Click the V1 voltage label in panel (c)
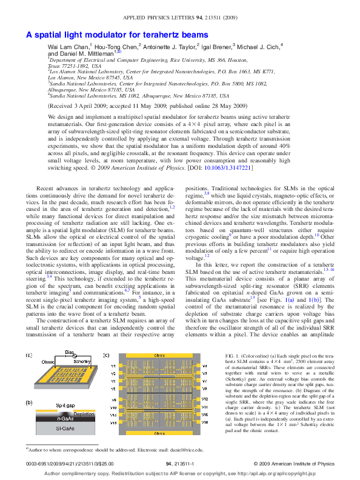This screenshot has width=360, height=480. point(113,365)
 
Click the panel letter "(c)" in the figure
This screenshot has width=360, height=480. point(106,354)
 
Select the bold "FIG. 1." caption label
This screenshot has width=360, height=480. point(232,354)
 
